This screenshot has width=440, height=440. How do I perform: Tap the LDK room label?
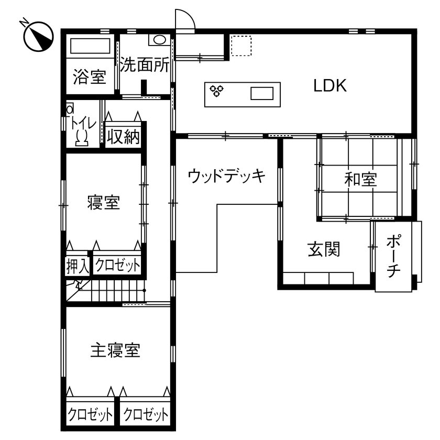pos(330,85)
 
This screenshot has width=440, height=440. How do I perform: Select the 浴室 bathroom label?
pos(90,78)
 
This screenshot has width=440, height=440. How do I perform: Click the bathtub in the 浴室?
pos(89,46)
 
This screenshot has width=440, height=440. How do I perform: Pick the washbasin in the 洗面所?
pos(158,40)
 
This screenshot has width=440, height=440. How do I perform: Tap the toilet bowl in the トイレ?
pos(82,137)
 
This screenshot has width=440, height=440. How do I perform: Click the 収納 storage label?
pos(123,137)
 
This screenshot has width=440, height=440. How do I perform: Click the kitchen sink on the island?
pos(262,94)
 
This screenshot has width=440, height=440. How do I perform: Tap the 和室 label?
pos(360,179)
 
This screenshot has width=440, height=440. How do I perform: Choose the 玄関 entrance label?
pos(323,250)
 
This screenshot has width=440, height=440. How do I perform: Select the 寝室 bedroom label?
pos(103,203)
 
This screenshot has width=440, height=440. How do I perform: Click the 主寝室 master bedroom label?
pos(115,350)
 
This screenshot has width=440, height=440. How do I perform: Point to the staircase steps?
pos(115,292)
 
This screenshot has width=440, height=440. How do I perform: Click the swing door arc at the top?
pos(186,19)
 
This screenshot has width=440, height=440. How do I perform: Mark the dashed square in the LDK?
pos(241,45)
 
